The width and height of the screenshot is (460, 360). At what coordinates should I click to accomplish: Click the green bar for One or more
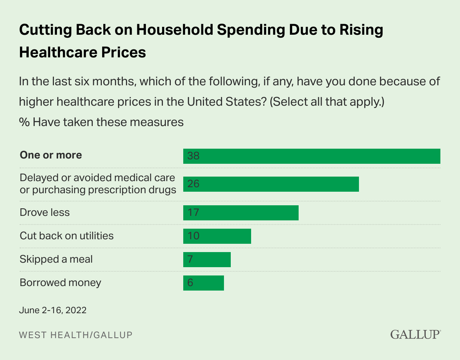pos(311,156)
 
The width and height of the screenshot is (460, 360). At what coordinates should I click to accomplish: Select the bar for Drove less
pos(241,213)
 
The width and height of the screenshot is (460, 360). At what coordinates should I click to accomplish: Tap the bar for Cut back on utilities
pos(217,236)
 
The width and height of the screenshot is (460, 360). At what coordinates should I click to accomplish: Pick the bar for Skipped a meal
pos(207,260)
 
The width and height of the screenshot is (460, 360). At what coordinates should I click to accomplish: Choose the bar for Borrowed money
pos(203,283)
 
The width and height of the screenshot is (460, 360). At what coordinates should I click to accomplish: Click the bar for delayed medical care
pos(271,184)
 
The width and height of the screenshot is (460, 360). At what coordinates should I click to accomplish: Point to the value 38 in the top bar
pos(193,156)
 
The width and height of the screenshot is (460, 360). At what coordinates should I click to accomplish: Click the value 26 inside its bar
pos(193,184)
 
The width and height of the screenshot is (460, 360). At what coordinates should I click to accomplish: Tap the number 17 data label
pos(193,213)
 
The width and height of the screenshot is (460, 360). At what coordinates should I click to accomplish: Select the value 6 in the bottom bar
pos(190,283)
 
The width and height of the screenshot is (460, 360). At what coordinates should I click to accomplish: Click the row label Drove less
pos(44,212)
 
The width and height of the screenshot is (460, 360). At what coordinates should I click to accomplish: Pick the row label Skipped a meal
pos(56,259)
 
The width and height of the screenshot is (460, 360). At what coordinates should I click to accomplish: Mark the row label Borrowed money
pos(60,283)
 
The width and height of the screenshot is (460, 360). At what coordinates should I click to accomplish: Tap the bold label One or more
pos(51,155)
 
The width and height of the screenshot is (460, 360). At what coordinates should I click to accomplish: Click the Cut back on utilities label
pos(66,236)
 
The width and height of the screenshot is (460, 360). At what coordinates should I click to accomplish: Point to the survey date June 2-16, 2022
pos(53,311)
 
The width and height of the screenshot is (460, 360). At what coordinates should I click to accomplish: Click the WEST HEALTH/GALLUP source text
pos(76,335)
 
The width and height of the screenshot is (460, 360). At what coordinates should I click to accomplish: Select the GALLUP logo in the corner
pos(415,334)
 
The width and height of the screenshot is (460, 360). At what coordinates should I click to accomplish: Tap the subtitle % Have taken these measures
pos(101,122)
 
